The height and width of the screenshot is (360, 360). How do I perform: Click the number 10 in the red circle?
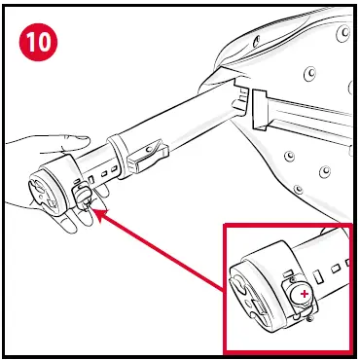[38, 42]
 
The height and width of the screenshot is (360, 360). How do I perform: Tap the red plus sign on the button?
[305, 294]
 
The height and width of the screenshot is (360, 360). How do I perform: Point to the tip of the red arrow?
[94, 209]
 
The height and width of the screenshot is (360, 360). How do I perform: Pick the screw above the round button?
[293, 279]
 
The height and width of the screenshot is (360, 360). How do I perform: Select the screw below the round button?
[309, 319]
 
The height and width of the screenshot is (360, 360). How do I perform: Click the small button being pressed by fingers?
[83, 195]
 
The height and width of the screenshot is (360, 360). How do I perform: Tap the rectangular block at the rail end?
[260, 110]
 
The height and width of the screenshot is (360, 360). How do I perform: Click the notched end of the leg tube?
[239, 99]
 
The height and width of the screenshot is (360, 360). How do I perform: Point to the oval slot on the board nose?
[257, 41]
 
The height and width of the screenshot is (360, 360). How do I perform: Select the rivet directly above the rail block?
[310, 74]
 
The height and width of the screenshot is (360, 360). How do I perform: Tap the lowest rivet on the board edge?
[298, 189]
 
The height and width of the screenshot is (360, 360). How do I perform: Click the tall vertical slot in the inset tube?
[318, 278]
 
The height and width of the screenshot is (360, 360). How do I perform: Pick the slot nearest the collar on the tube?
[114, 169]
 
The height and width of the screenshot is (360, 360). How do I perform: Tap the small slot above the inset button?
[288, 273]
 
